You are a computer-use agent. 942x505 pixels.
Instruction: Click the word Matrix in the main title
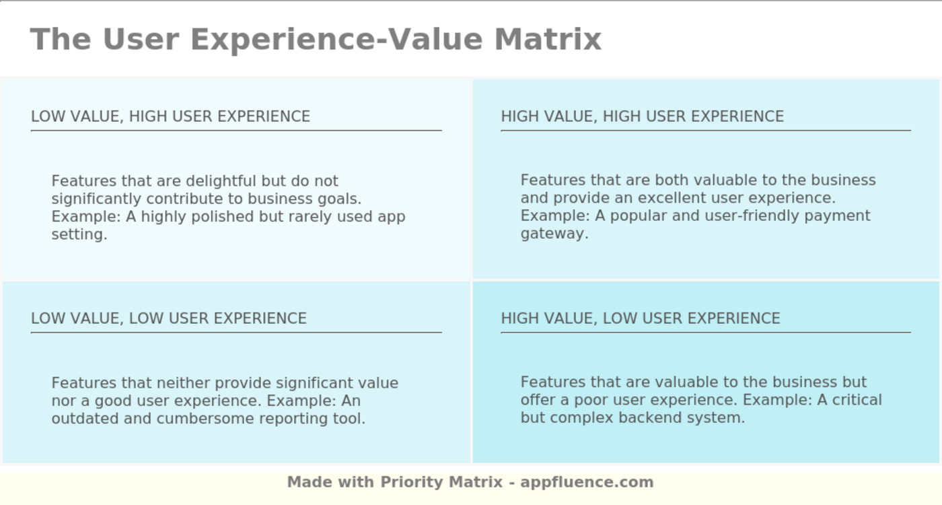[548, 39]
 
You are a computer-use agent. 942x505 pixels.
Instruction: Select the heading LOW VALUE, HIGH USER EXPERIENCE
[170, 116]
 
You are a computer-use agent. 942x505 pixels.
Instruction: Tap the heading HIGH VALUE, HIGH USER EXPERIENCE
[642, 116]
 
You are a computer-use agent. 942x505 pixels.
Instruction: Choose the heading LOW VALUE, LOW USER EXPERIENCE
[168, 318]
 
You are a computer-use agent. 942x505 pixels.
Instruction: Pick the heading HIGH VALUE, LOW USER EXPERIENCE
[640, 318]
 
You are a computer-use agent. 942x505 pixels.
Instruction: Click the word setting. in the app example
[79, 235]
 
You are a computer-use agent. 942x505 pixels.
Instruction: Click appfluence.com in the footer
[587, 482]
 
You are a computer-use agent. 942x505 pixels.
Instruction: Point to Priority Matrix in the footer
[441, 482]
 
